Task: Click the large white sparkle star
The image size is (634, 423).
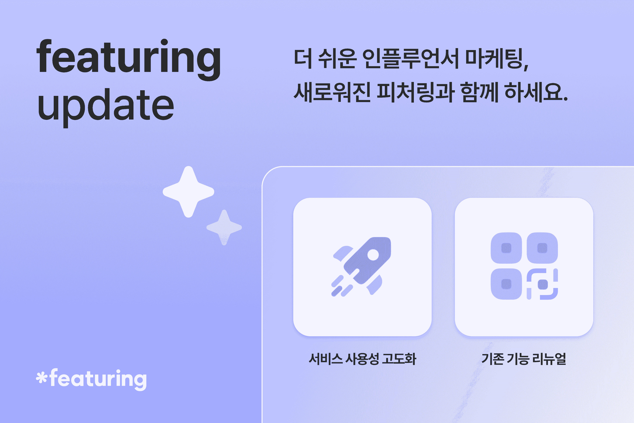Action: pyautogui.click(x=188, y=192)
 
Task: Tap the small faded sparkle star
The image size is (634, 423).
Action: pyautogui.click(x=224, y=227)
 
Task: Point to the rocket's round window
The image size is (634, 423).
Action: pyautogui.click(x=373, y=255)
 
